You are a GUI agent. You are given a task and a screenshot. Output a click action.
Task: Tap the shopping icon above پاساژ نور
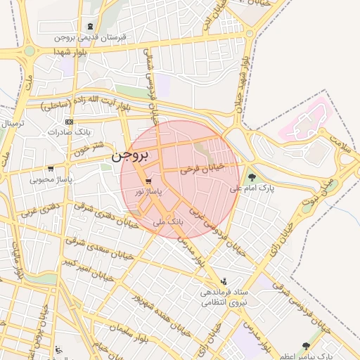148,181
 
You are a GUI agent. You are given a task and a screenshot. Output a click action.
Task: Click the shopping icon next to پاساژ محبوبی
51,169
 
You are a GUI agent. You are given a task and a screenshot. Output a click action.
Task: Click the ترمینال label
11,124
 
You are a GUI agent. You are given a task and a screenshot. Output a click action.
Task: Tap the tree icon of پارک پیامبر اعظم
305,346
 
